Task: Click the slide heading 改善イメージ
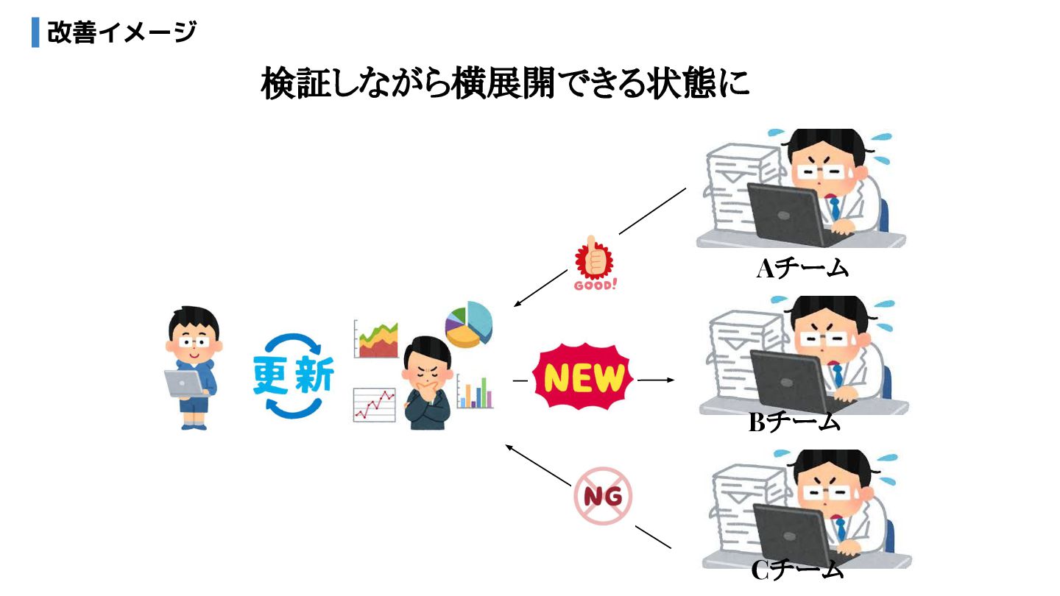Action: click(x=121, y=32)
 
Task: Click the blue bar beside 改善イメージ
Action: click(x=35, y=32)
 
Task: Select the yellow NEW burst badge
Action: click(x=583, y=379)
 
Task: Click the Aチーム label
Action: click(x=802, y=269)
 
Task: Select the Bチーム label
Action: click(x=794, y=422)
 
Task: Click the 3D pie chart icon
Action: click(x=468, y=324)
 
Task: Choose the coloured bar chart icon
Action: click(x=475, y=392)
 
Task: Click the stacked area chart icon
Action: click(x=375, y=338)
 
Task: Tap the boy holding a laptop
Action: click(x=191, y=368)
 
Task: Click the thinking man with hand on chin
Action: click(x=427, y=383)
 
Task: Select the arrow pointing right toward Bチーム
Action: click(x=656, y=380)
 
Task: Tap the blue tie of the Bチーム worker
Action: click(x=837, y=375)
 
